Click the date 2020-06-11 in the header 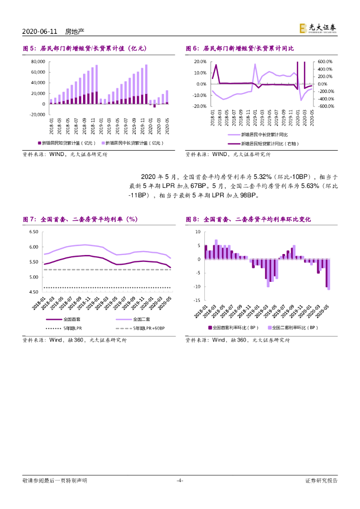[x=40, y=31]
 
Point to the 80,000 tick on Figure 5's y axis [x=38, y=62]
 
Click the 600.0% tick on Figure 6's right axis [x=326, y=62]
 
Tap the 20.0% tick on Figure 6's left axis [x=200, y=62]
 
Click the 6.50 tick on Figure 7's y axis [x=34, y=232]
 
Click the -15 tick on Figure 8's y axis [x=197, y=300]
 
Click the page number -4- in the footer [x=180, y=480]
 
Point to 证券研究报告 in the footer [x=321, y=480]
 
